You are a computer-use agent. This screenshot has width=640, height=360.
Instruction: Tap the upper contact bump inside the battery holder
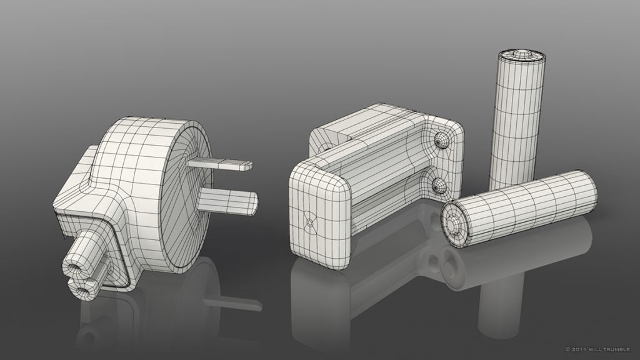441,141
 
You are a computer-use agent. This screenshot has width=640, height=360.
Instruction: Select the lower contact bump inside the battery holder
439,186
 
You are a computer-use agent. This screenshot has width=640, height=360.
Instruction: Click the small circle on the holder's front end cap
310,222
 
